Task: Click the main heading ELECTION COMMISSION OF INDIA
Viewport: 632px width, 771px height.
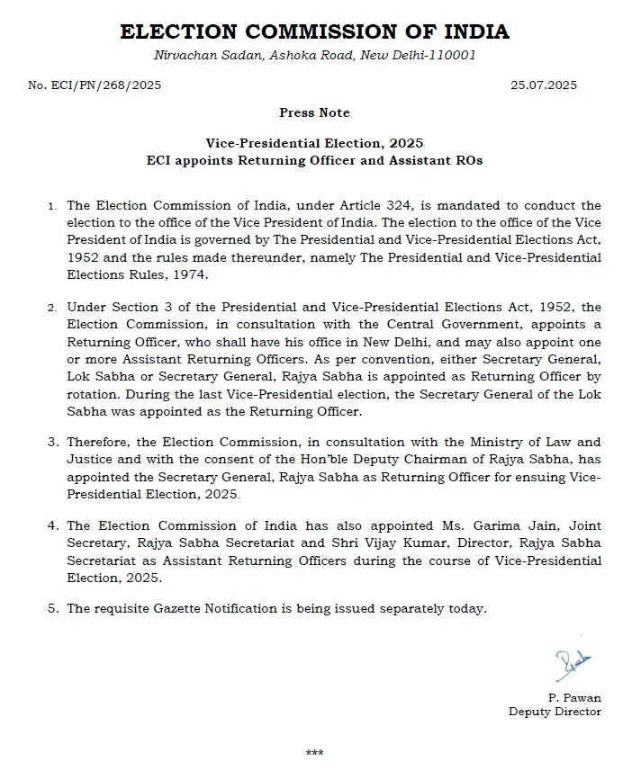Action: tap(314, 32)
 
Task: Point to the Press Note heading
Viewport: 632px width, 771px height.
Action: tap(315, 113)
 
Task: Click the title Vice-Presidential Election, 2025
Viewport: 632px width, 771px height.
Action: tap(314, 143)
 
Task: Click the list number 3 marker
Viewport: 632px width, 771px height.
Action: tap(53, 442)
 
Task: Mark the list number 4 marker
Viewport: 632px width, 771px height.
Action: tap(53, 525)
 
